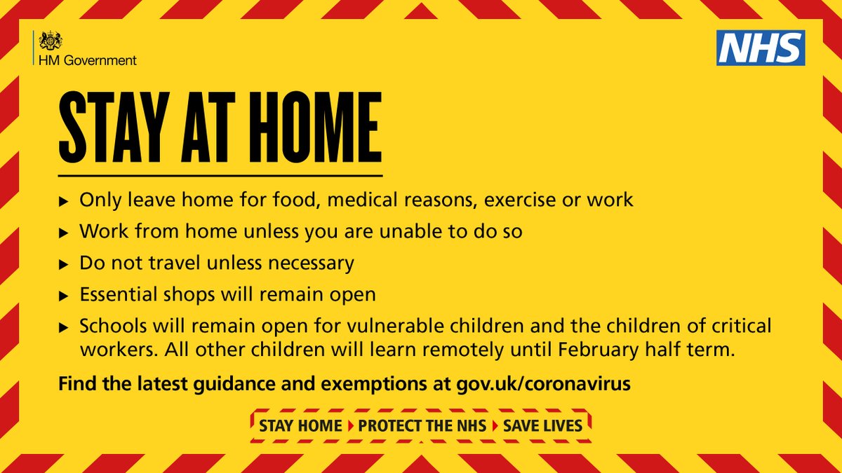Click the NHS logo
[760, 48]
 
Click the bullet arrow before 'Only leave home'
[64, 201]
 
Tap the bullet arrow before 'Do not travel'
[64, 264]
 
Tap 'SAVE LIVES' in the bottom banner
[542, 426]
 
